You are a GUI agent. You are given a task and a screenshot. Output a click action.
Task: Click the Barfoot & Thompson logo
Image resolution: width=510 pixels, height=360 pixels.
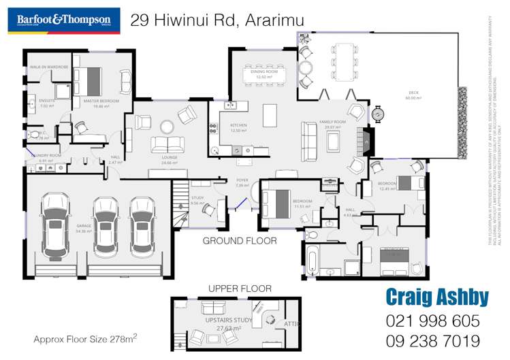pyautogui.click(x=63, y=20)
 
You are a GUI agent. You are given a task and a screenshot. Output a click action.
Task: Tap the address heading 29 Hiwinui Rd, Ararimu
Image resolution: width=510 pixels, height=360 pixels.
pyautogui.click(x=218, y=21)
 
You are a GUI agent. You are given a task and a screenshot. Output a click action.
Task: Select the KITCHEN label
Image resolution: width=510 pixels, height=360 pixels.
pyautogui.click(x=238, y=127)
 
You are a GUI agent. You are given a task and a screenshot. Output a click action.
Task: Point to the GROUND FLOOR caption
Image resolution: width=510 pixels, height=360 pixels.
pyautogui.click(x=240, y=241)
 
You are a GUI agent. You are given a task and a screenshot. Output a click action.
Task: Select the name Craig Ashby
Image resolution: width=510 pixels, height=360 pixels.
pyautogui.click(x=437, y=297)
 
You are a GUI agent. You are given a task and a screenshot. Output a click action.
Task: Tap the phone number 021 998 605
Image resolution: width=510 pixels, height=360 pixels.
pyautogui.click(x=433, y=321)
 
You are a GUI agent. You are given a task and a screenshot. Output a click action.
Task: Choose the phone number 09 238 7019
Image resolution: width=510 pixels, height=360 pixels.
pyautogui.click(x=433, y=341)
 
